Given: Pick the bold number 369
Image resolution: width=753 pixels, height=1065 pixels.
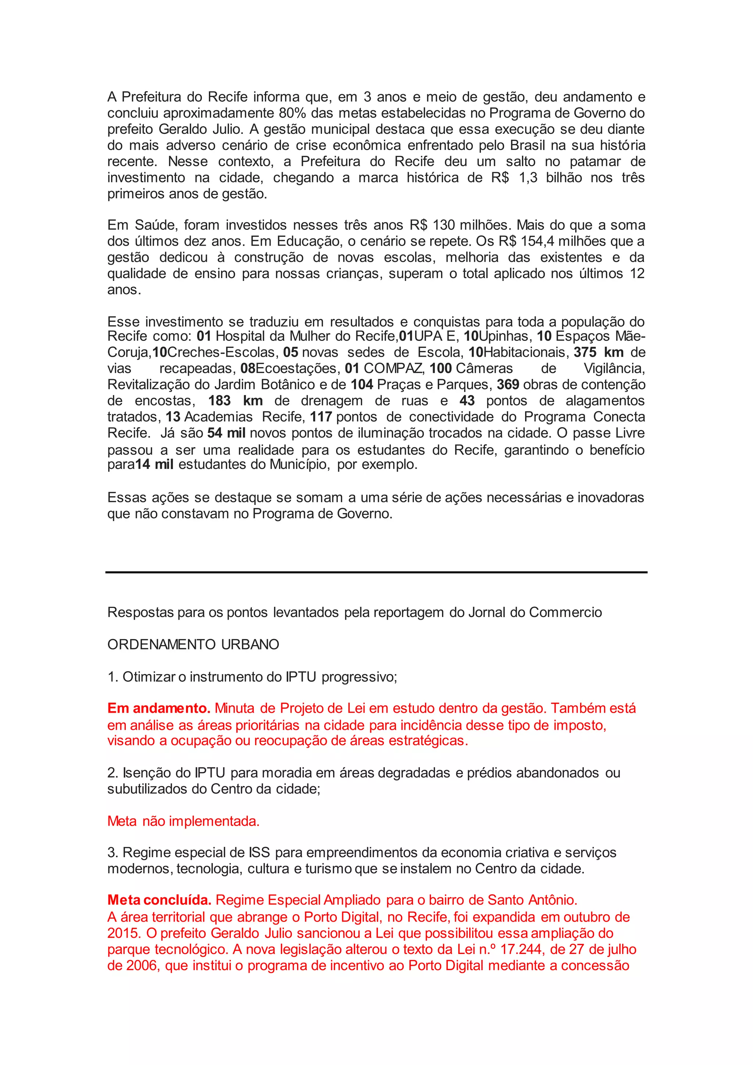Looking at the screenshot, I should click(x=508, y=385).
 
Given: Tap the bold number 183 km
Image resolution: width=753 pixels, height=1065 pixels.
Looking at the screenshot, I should click(x=235, y=401).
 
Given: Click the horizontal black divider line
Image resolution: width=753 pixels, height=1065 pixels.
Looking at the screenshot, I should click(x=376, y=572).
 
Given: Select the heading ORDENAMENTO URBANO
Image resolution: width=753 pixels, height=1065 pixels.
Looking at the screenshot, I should click(x=193, y=644).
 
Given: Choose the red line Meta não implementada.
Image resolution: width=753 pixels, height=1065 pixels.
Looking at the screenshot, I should click(x=183, y=821).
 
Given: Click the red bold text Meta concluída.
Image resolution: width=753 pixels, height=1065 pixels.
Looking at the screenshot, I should click(x=159, y=900).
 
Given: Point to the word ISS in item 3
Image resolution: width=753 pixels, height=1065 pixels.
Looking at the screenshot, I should click(x=259, y=852).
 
